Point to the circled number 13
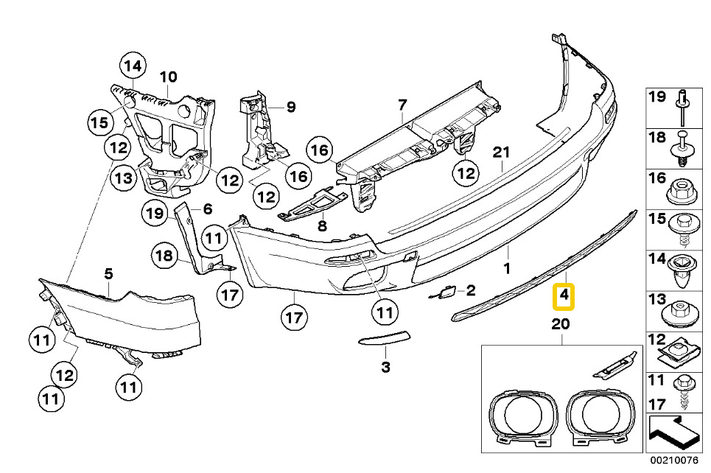(x=124, y=178)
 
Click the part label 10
(x=168, y=76)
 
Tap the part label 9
(x=291, y=108)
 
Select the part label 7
(x=402, y=106)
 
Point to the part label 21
(x=501, y=153)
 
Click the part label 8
(x=321, y=226)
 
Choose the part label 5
(x=108, y=273)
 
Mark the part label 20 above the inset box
(x=560, y=324)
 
